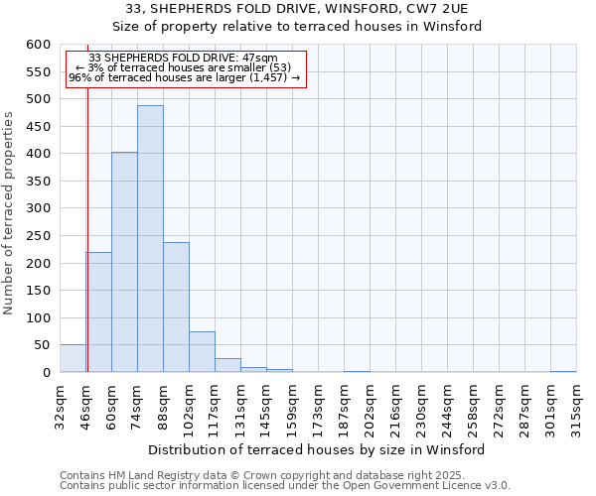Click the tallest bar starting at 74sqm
[150, 238]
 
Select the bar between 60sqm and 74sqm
[124, 262]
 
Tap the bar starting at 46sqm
[98, 312]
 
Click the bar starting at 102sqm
[202, 352]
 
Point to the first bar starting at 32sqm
[73, 358]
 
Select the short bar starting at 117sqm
[227, 365]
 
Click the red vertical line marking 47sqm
[87, 248]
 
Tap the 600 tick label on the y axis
[37, 45]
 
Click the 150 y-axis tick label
[37, 291]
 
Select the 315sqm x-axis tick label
[576, 404]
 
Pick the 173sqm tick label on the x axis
[318, 404]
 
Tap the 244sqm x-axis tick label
[447, 404]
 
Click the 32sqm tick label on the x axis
[60, 404]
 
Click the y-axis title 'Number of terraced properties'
[10, 212]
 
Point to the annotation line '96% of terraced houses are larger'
[185, 77]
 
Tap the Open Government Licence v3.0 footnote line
[285, 486]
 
